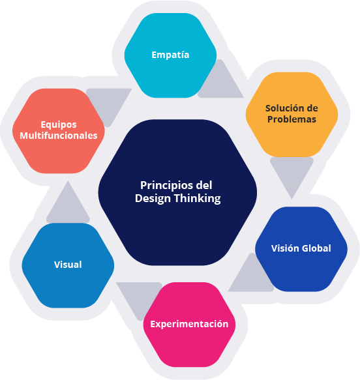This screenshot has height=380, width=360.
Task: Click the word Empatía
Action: [x=170, y=55]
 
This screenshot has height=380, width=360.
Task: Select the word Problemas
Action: [x=292, y=119]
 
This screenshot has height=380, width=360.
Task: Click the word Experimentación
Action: [x=189, y=324]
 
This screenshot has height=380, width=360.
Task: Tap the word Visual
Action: [x=68, y=265]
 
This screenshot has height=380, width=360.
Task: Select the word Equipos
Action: [x=59, y=124]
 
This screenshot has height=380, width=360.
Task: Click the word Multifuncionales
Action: [x=59, y=136]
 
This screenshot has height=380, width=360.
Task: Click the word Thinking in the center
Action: [x=198, y=199]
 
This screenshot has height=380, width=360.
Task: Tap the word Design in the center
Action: [x=153, y=199]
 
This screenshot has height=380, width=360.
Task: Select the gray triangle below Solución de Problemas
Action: [x=292, y=173]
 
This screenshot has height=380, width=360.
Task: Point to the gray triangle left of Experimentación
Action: [x=140, y=297]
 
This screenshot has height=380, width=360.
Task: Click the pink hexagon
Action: [x=189, y=325]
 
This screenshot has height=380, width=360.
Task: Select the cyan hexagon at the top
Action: [x=170, y=55]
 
